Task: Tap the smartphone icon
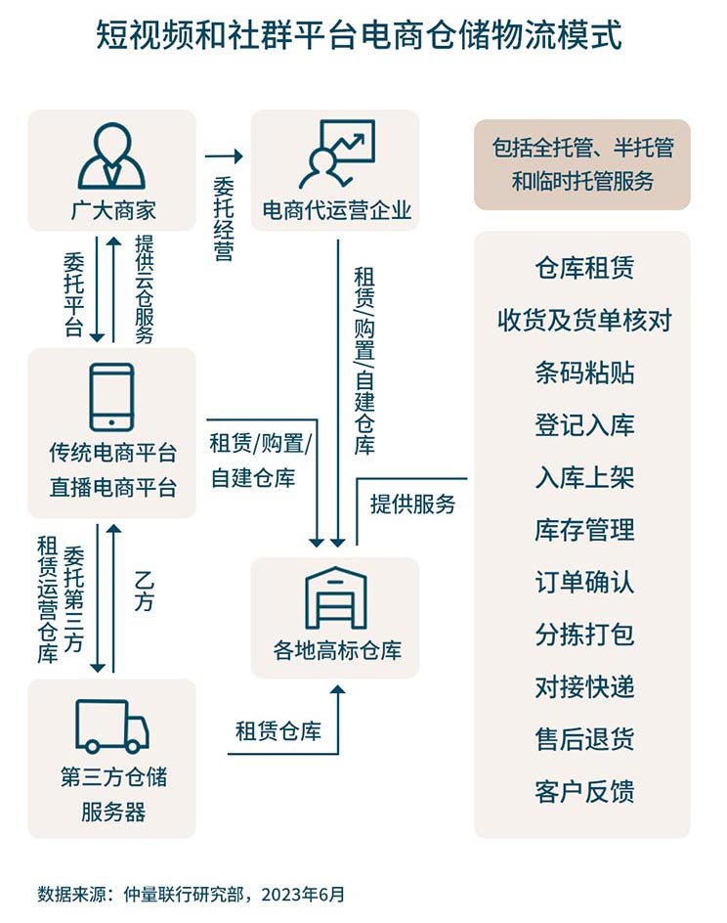tap(111, 397)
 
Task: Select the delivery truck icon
tap(112, 726)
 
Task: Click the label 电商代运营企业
tap(336, 210)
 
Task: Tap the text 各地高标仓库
tap(336, 650)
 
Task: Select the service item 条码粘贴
tap(584, 373)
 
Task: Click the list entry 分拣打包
tap(584, 635)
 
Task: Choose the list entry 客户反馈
tap(584, 791)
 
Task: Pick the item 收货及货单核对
tap(584, 321)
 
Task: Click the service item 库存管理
tap(584, 530)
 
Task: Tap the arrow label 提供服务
tap(412, 504)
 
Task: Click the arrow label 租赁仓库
tap(278, 731)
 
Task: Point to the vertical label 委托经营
tap(224, 218)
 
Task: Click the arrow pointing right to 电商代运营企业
tap(224, 156)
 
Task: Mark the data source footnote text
tap(191, 894)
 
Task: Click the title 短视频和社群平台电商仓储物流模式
tap(359, 35)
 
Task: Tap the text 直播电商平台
tap(113, 487)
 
